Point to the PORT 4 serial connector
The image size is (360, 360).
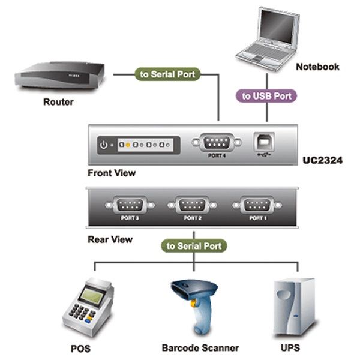(217, 143)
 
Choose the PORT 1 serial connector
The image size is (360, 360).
(256, 205)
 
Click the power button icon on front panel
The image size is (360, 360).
(104, 145)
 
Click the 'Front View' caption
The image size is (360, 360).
(111, 173)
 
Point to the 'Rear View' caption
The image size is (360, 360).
(110, 239)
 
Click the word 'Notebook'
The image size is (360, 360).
(317, 67)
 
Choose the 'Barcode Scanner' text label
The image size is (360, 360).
(200, 348)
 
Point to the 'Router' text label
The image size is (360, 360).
(58, 102)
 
